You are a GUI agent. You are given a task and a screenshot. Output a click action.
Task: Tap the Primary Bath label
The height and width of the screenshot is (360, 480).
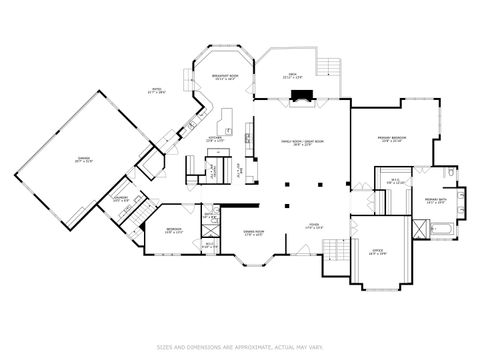tap(436, 201)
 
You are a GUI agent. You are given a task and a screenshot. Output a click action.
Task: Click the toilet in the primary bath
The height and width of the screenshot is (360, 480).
tap(452, 177)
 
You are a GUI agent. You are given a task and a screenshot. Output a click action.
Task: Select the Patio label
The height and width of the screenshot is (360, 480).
tap(156, 91)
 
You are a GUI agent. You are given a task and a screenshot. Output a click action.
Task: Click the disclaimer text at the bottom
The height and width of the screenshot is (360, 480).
tap(240, 348)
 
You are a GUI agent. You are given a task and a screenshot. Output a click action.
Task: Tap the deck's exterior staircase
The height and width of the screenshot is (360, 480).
tap(327, 66)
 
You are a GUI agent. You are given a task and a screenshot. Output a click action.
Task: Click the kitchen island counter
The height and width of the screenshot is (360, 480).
tap(228, 127)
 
